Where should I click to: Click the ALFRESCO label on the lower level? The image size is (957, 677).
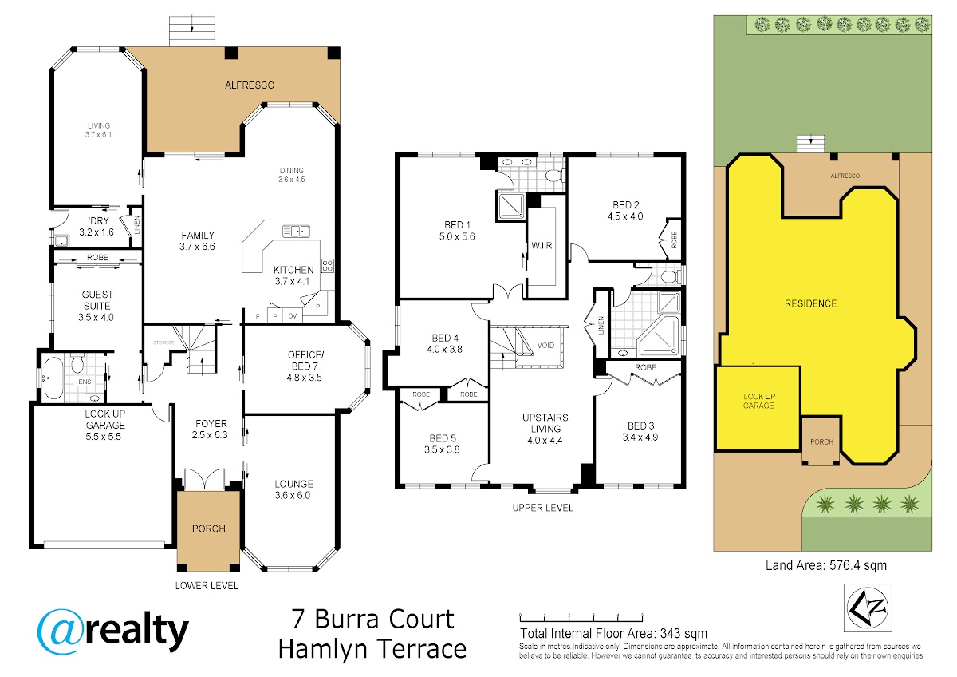pos(250,85)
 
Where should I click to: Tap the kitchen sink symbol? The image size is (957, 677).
pos(296,232)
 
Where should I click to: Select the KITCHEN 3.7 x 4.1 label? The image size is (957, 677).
pos(293,275)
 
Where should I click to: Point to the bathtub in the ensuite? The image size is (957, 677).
pos(53,378)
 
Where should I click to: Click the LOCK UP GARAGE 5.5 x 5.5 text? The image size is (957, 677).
pos(104,425)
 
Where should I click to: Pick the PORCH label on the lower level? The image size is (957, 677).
pos(208,529)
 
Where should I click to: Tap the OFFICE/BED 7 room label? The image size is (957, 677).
pos(305,366)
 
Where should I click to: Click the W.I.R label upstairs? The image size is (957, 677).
pos(542,245)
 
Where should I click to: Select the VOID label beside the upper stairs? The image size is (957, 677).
pos(545,345)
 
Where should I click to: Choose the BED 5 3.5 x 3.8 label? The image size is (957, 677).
pos(442,444)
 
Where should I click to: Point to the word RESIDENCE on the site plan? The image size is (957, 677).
pos(810,303)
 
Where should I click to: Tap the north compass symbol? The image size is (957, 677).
pos(868,608)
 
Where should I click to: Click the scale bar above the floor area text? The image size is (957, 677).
pos(581,618)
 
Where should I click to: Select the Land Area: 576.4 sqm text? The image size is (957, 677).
pos(826,565)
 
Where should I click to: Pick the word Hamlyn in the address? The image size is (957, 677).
pos(322,649)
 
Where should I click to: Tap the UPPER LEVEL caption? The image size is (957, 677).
pos(542,508)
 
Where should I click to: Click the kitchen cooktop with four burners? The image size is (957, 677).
pos(328,266)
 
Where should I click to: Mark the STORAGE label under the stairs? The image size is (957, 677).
pos(163,342)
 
